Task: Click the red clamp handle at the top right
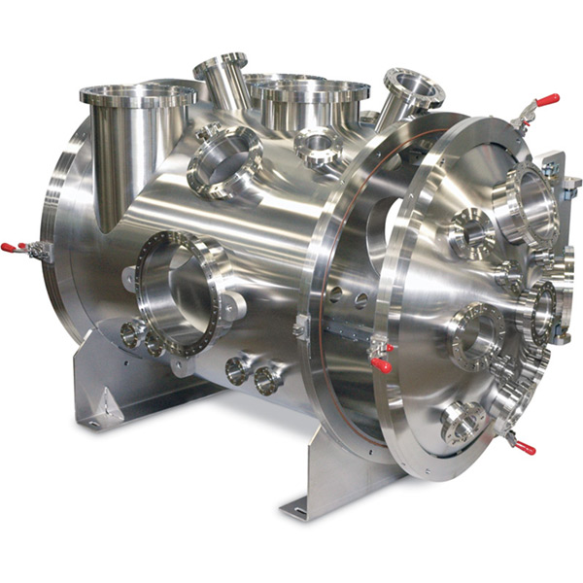click(x=546, y=99)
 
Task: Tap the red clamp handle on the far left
click(x=9, y=248)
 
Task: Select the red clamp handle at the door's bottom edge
click(x=526, y=448)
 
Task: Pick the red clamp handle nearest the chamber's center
click(x=381, y=364)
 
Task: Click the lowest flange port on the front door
click(x=463, y=423)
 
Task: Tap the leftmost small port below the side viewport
click(x=130, y=334)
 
